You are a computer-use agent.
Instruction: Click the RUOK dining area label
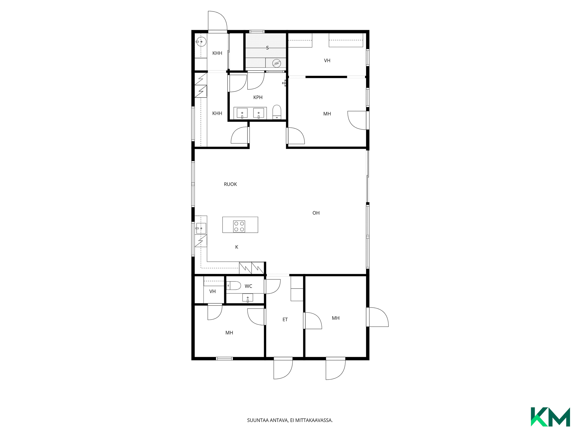230,184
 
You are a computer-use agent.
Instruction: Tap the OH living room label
316,213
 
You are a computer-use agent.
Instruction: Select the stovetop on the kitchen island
239,227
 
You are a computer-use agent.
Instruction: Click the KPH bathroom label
258,97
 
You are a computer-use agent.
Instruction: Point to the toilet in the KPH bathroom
277,112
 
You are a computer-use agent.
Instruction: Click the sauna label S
267,48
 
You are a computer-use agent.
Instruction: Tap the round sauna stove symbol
276,63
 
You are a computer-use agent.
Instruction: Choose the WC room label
248,286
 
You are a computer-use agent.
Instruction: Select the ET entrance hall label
285,320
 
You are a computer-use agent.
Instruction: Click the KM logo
550,417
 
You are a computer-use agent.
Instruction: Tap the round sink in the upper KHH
201,42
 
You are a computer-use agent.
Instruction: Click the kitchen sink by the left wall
201,228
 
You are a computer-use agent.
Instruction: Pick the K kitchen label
237,247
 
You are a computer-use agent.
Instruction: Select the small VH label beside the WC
212,292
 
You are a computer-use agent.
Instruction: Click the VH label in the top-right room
327,61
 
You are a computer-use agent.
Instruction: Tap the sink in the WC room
248,298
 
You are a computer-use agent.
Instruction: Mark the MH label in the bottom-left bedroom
229,333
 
